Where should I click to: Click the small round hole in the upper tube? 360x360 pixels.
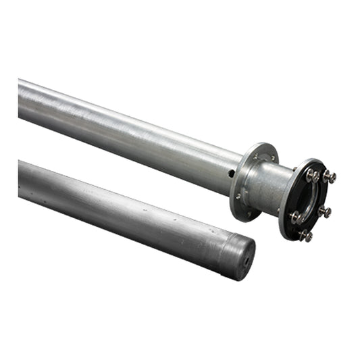coord(232,174)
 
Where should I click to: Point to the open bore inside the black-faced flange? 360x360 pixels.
coord(307,200)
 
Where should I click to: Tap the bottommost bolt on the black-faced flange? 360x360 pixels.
coord(306,236)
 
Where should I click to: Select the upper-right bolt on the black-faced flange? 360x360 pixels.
coord(330,177)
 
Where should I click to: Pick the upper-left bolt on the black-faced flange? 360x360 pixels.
coord(311,174)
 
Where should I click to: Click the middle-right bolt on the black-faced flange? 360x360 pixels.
coord(325,212)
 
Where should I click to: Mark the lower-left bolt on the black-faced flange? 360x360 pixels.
coord(295,217)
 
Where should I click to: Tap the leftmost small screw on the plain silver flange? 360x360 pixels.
coord(238,197)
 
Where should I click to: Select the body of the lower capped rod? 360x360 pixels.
coord(122,206)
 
